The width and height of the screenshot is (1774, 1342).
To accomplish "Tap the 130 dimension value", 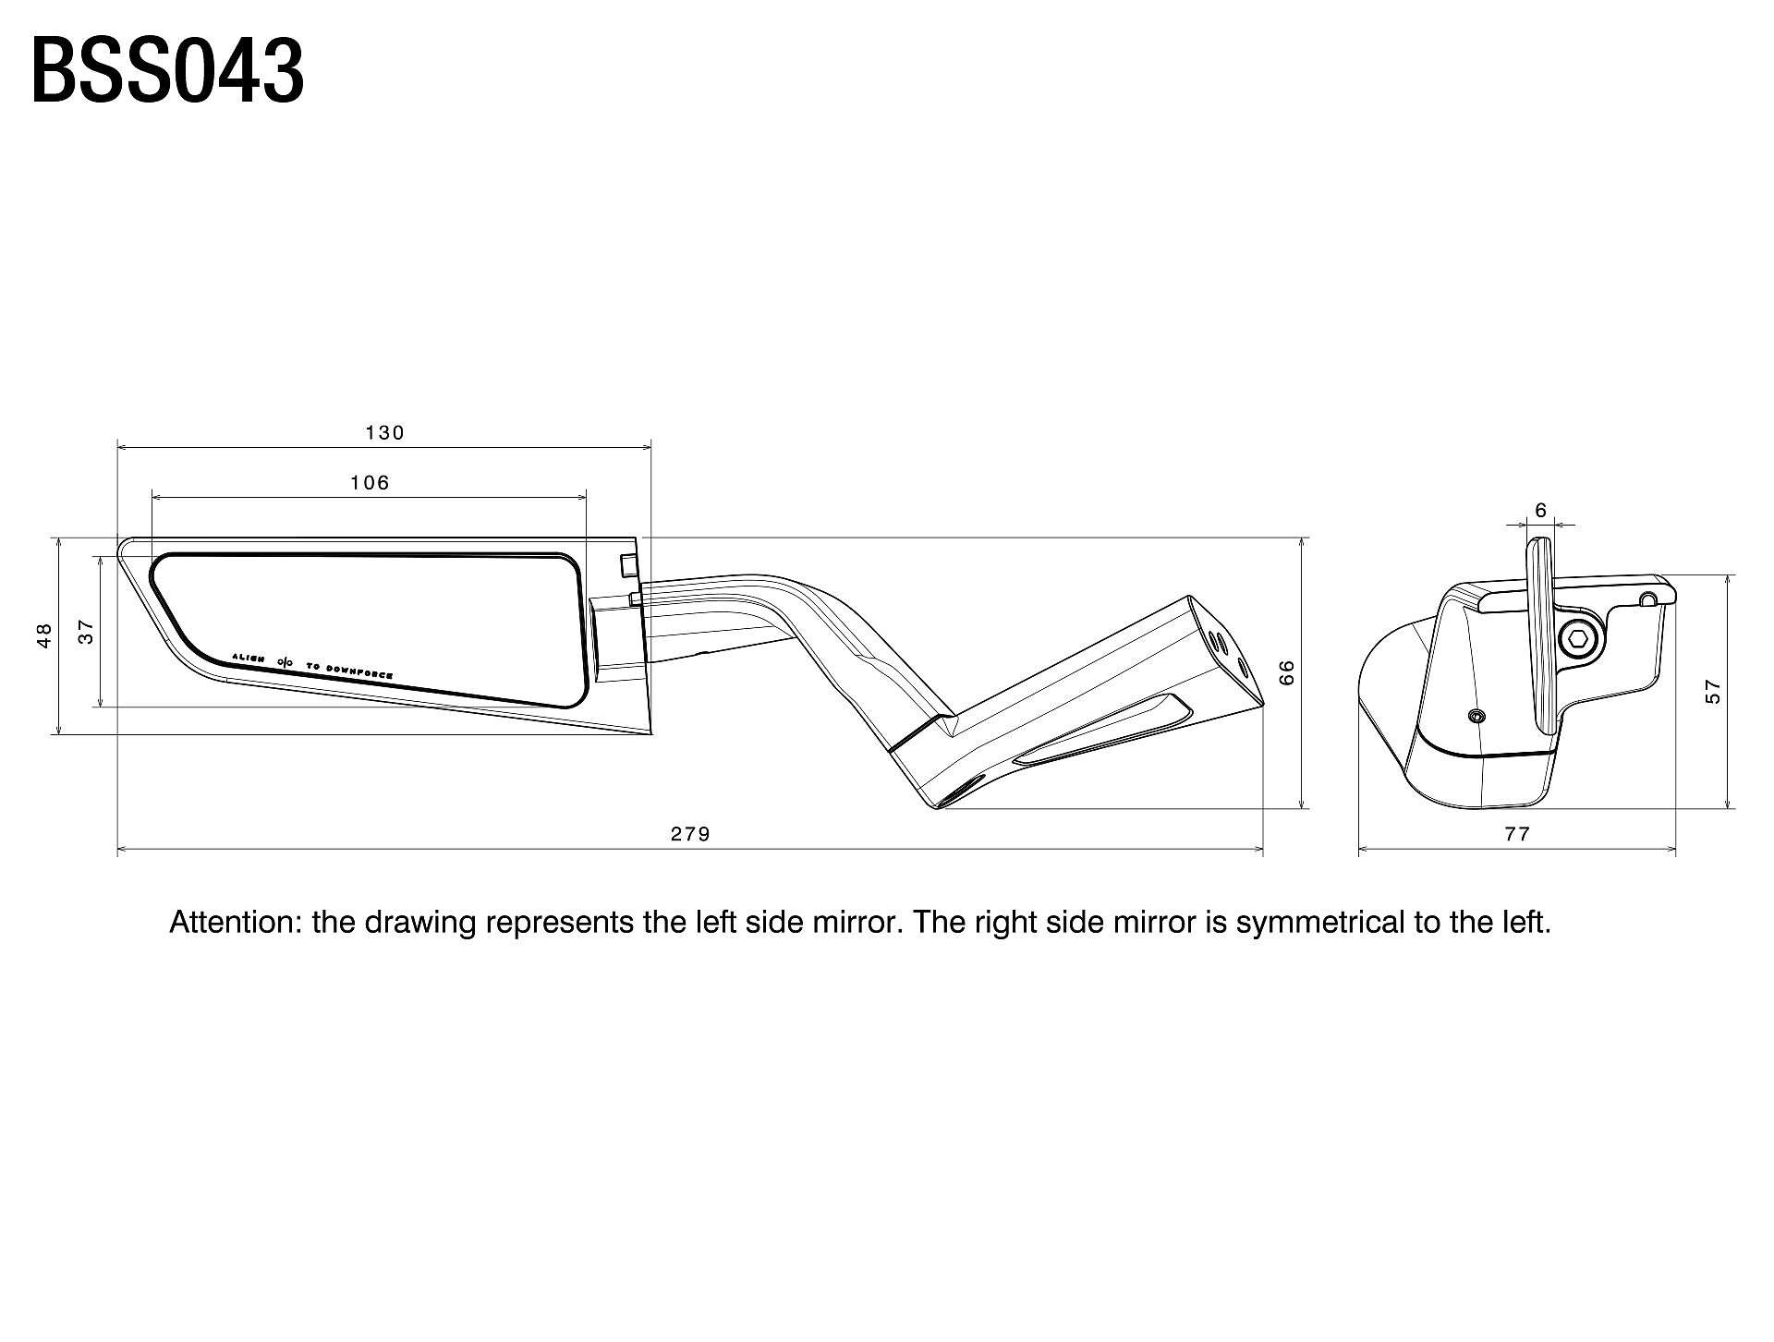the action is point(384,432).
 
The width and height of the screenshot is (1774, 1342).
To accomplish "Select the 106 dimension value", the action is point(370,482).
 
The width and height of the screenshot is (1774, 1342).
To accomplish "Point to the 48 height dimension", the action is point(43,635).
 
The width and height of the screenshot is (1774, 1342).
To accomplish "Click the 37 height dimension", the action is point(86,632).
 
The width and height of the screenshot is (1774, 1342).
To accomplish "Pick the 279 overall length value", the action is point(690,834).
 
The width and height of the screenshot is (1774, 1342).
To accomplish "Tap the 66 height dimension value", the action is point(1288,671).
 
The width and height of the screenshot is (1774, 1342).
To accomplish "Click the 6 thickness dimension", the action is point(1540,510).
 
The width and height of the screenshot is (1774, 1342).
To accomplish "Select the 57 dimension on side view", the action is point(1714,692).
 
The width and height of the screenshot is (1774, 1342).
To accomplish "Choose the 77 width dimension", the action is point(1517,834).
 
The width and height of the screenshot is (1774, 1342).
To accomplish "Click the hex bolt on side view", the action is point(1576,637).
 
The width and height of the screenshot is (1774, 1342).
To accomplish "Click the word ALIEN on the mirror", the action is point(249,658).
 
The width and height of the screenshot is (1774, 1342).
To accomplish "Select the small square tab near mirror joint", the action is point(628,564).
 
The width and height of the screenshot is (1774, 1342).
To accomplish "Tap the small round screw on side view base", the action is point(1476,716).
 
